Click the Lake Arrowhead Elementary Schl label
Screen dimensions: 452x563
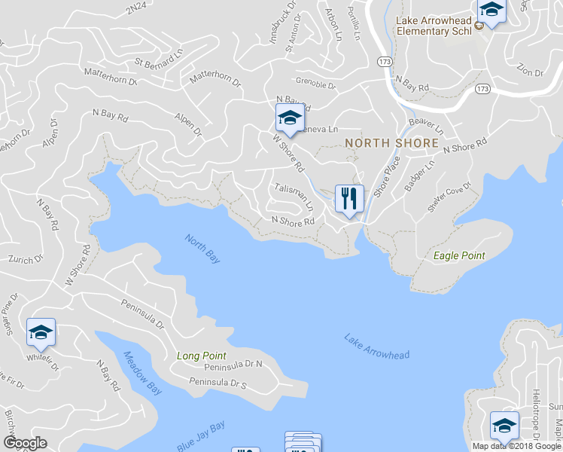point(434,26)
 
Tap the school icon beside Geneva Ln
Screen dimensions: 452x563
point(289,118)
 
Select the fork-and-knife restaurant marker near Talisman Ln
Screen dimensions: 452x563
point(348,199)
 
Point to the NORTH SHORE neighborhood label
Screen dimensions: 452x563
point(391,143)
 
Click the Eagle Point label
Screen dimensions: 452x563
point(459,256)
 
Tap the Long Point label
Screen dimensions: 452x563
point(201,356)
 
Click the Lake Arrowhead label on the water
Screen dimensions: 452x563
point(377,346)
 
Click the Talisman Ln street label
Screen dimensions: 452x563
point(294,197)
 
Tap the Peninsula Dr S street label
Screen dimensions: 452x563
point(218,383)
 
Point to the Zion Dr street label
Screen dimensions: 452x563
point(530,72)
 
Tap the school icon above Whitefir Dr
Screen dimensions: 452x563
point(41,332)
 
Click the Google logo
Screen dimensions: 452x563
point(25,443)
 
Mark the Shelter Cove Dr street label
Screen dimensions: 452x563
point(449,197)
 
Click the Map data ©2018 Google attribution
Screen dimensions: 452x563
point(516,446)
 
